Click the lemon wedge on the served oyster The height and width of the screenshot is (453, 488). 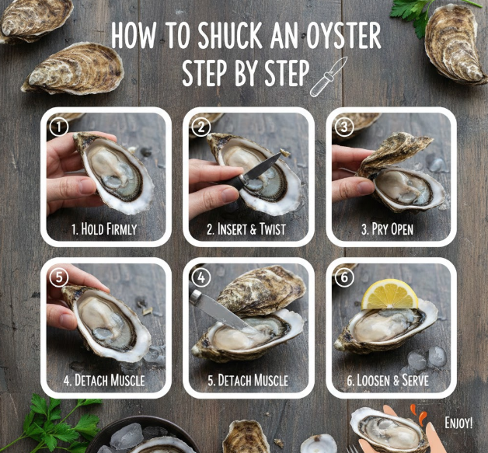click(389, 295)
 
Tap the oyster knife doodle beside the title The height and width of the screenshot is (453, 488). click(329, 77)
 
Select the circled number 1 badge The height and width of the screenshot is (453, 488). click(59, 127)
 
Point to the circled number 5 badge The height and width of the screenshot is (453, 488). click(59, 277)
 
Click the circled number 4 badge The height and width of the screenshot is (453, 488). click(201, 277)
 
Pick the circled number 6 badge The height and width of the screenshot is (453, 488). click(344, 277)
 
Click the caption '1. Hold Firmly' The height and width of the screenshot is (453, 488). click(104, 229)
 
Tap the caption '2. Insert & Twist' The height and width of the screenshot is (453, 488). click(246, 229)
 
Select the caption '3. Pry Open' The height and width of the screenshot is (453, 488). click(388, 229)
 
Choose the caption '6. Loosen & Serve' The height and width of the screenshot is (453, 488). click(388, 380)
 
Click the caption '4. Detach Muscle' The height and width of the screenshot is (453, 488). click(104, 380)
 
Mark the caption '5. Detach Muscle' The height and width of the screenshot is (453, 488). click(248, 380)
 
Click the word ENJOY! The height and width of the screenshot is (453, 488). click(458, 423)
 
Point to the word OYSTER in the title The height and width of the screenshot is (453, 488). click(343, 35)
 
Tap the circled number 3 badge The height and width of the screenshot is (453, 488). click(344, 127)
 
